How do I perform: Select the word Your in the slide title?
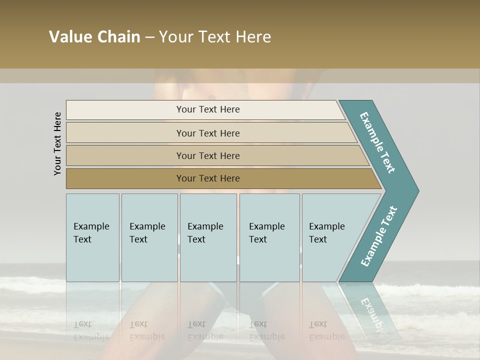(175, 37)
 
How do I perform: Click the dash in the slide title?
(149, 37)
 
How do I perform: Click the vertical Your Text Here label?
(57, 144)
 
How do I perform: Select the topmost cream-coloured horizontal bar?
(205, 110)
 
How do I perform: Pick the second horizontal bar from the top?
(210, 133)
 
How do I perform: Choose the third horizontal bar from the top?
(215, 155)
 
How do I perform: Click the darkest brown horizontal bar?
(220, 178)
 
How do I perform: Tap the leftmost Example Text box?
(92, 237)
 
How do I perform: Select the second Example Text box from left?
(149, 237)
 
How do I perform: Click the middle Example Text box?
(208, 237)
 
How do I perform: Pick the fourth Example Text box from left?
(269, 237)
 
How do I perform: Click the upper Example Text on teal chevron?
(377, 142)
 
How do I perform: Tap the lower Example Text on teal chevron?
(378, 236)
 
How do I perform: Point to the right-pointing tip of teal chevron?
(416, 190)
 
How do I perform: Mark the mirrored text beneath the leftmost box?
(91, 330)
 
